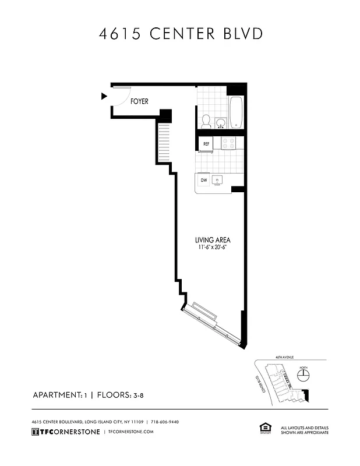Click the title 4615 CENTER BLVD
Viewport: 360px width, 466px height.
pos(180,34)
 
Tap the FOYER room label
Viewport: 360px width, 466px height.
pos(139,101)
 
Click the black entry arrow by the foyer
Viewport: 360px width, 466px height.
pos(104,96)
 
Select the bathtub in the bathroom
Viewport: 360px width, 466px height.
pos(235,112)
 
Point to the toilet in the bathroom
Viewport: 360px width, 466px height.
pos(206,121)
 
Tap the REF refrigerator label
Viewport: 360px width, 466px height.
pos(206,143)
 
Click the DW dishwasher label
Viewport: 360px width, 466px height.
pos(204,181)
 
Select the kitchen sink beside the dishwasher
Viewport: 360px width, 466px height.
pos(217,181)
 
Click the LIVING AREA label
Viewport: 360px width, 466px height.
pos(213,240)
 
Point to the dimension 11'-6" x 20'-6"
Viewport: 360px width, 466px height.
pos(213,248)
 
